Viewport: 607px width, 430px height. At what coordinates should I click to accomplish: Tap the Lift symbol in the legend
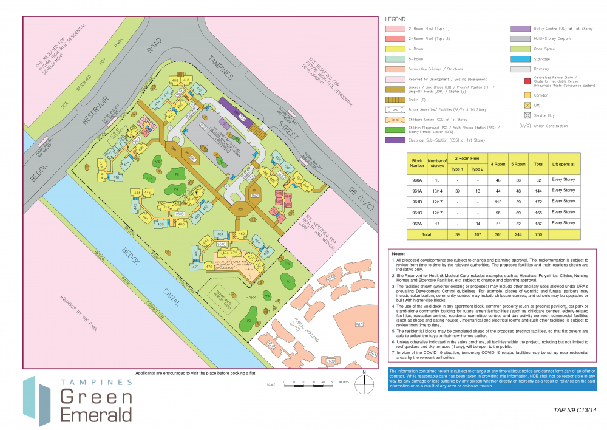pos(526,105)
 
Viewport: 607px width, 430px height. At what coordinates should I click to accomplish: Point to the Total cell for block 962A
pos(539,223)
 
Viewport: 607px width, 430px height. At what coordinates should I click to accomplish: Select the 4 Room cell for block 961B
pos(498,201)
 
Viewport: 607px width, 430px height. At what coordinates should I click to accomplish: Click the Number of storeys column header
pos(437,162)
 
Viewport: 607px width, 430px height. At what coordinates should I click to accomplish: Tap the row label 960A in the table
pos(416,179)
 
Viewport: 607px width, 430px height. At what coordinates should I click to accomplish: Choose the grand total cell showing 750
pos(539,234)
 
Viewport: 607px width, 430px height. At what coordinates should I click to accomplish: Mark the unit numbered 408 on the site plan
pos(175,80)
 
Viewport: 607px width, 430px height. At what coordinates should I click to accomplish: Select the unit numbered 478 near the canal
pos(196,267)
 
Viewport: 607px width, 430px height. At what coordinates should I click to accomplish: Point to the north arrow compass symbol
pos(363,380)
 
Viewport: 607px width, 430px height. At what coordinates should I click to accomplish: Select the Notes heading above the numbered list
pos(398,253)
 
